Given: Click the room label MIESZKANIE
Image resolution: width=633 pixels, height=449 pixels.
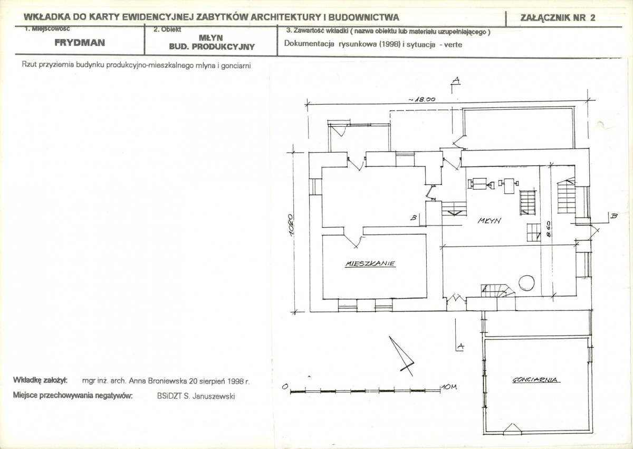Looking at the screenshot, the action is [x=370, y=264].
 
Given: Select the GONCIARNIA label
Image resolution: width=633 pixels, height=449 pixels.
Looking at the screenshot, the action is [x=536, y=380].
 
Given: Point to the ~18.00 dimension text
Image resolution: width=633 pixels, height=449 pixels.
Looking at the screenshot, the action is [x=421, y=99].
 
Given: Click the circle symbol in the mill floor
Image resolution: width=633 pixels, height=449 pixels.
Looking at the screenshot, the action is [x=526, y=283].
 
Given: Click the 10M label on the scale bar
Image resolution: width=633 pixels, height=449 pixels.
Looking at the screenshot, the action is [x=449, y=387].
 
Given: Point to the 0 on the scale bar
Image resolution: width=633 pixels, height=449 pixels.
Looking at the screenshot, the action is [x=285, y=387].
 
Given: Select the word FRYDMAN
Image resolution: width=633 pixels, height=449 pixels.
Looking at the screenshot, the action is [x=80, y=43].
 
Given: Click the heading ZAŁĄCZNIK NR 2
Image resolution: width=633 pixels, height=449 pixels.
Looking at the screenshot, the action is [x=558, y=18].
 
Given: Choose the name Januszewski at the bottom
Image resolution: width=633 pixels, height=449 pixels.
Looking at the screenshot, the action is [x=213, y=396].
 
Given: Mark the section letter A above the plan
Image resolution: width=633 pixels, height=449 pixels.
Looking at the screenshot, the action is [x=456, y=80].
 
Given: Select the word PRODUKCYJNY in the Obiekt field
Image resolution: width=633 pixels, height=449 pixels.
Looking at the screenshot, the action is [x=223, y=46].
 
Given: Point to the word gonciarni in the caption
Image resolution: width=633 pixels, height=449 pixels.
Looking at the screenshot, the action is [x=236, y=66].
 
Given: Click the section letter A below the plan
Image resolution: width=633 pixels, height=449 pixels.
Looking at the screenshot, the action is [x=461, y=346].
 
